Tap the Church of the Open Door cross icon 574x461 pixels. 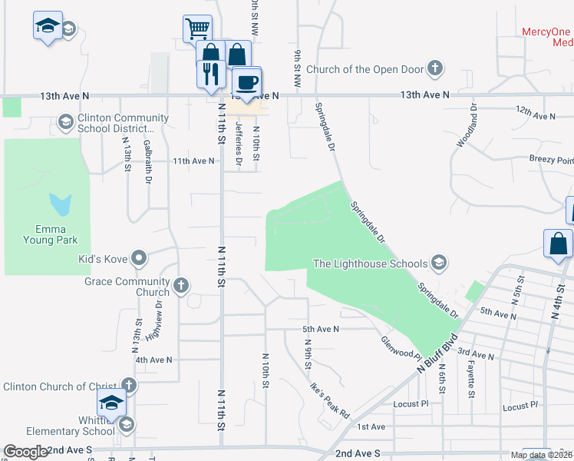tap(435, 69)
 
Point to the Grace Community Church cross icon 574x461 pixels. tap(181, 286)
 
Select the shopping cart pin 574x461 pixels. tap(197, 29)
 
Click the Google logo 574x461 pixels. tap(26, 452)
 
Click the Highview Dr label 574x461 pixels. tap(160, 321)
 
